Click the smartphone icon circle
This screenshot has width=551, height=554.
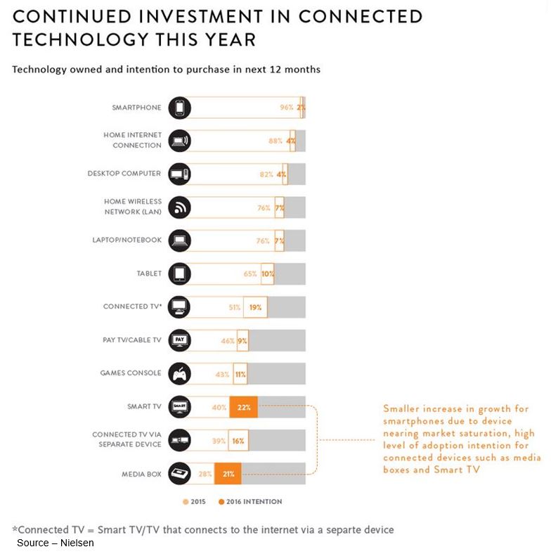click(180, 108)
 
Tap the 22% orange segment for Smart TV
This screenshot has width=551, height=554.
click(243, 407)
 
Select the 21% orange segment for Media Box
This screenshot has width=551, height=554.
click(228, 474)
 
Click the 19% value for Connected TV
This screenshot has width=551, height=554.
click(255, 307)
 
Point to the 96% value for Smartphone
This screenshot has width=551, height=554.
click(286, 108)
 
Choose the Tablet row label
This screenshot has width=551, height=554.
click(149, 273)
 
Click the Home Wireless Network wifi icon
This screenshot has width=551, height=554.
click(180, 207)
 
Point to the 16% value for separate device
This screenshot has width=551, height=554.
click(238, 440)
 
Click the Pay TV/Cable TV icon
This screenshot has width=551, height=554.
click(180, 340)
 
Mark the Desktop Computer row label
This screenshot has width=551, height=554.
click(124, 174)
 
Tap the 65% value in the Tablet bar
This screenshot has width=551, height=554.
click(250, 273)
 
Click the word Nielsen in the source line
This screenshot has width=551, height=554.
click(77, 543)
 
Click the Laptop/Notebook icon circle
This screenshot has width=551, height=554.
click(180, 240)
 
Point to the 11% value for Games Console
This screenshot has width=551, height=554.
click(240, 374)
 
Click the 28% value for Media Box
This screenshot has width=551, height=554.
click(205, 474)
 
